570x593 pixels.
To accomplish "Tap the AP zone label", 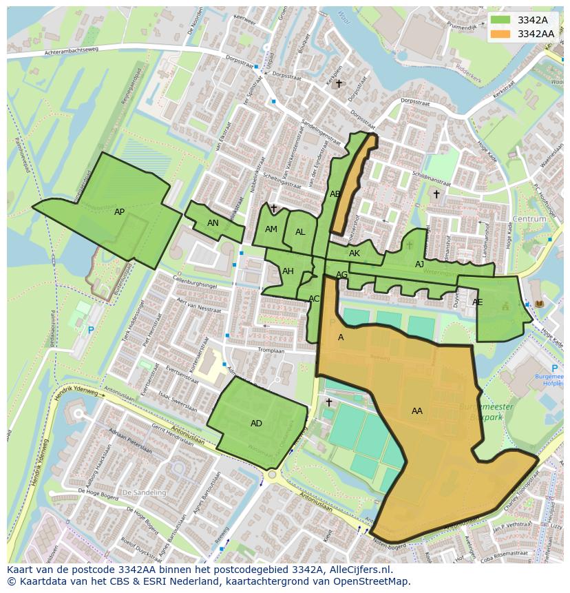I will pos(119,212).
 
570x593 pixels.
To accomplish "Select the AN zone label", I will pos(213,223).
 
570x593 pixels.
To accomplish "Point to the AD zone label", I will pos(256,424).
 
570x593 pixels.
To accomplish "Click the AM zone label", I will pos(271,229).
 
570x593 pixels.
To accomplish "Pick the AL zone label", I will pos(300,232).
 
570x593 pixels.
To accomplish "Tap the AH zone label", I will pos(288,271).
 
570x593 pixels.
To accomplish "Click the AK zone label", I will pos(355,253).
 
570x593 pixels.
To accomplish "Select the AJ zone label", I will pos(419,264).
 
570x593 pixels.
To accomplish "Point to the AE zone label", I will pos(477,302).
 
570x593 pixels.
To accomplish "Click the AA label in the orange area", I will pos(416,411).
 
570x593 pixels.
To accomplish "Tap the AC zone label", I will pos(314,299).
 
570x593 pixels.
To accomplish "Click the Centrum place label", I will pos(529,219).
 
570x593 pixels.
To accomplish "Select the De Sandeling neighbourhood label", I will pos(144,493).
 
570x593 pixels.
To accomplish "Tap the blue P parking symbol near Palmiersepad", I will pos(91,331).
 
